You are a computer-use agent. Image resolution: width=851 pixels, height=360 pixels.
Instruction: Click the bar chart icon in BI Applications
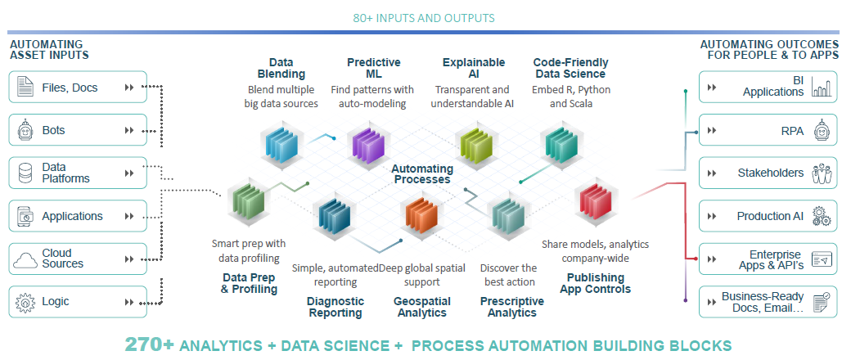click(822, 87)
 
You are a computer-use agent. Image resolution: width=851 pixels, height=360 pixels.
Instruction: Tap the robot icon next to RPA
click(822, 130)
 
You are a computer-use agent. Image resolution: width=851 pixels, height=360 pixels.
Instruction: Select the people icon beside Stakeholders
click(822, 173)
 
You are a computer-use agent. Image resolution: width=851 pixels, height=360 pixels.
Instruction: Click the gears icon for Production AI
click(822, 216)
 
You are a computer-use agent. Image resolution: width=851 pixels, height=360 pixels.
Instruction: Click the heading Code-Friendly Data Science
click(570, 68)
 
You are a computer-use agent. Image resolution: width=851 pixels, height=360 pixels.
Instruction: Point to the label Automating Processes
click(422, 173)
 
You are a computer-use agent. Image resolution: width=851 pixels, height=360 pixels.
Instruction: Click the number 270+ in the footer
click(150, 344)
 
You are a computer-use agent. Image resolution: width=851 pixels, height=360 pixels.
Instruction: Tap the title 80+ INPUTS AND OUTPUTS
click(424, 18)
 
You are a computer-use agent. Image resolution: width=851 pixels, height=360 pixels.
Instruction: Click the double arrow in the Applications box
click(129, 216)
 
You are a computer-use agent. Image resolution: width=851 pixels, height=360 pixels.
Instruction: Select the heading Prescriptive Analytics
click(511, 307)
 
